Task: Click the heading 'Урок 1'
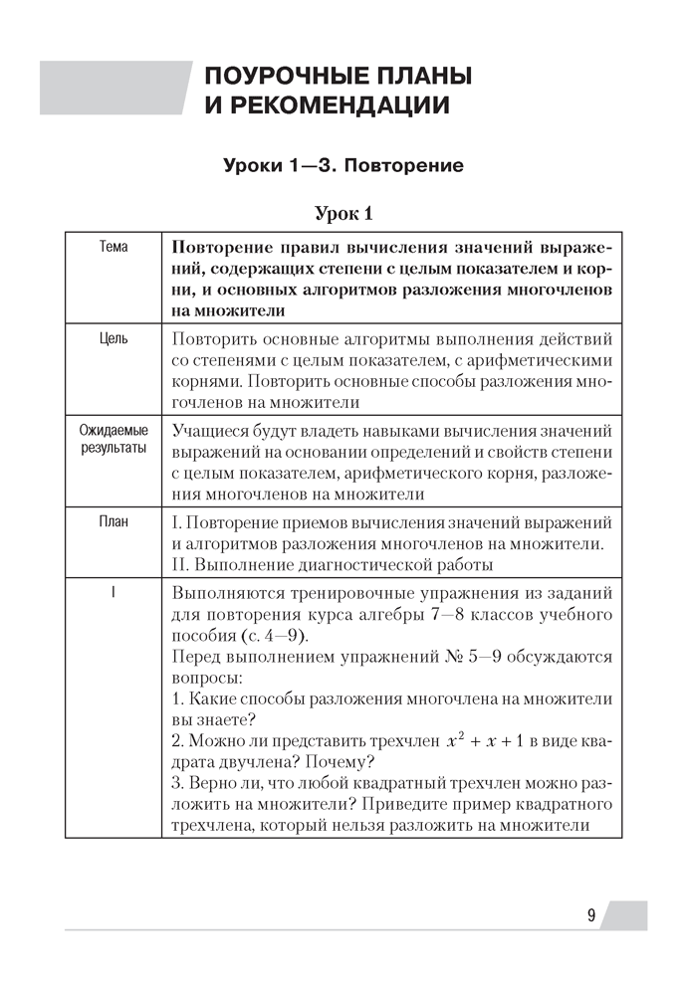(343, 213)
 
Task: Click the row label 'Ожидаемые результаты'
(114, 440)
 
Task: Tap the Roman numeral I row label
(114, 592)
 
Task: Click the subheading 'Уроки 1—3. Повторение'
(343, 164)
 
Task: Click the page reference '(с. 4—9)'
(279, 636)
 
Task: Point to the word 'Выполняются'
(224, 592)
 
